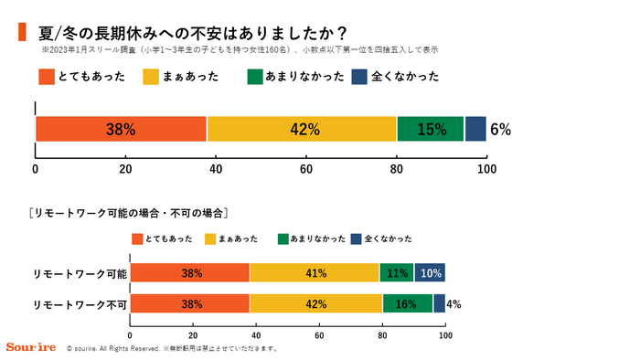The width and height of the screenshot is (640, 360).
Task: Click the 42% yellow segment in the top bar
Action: [302, 130]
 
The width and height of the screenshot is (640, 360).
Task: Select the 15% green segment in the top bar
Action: [431, 130]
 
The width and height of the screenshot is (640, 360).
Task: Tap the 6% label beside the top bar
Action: [500, 130]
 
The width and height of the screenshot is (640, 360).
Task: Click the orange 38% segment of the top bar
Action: [121, 130]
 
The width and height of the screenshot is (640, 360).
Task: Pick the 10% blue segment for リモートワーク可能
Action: [430, 273]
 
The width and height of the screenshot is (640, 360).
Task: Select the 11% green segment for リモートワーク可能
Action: [397, 273]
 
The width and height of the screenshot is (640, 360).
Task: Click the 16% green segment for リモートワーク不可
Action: [408, 303]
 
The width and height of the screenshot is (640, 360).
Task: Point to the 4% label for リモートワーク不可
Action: [453, 303]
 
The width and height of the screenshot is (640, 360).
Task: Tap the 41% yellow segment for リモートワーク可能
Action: [314, 273]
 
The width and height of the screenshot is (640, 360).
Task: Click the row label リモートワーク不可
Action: [80, 303]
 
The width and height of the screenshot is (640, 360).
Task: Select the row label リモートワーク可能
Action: [80, 273]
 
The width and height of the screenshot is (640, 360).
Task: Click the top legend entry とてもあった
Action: [83, 78]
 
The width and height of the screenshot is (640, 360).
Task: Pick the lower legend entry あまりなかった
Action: [312, 238]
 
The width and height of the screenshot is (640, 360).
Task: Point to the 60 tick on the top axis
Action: [306, 168]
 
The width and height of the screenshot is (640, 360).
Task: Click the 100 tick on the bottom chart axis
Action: [445, 334]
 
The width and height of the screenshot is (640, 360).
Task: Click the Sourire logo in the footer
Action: [31, 347]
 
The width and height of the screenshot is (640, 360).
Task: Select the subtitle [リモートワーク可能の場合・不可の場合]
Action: [127, 213]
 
